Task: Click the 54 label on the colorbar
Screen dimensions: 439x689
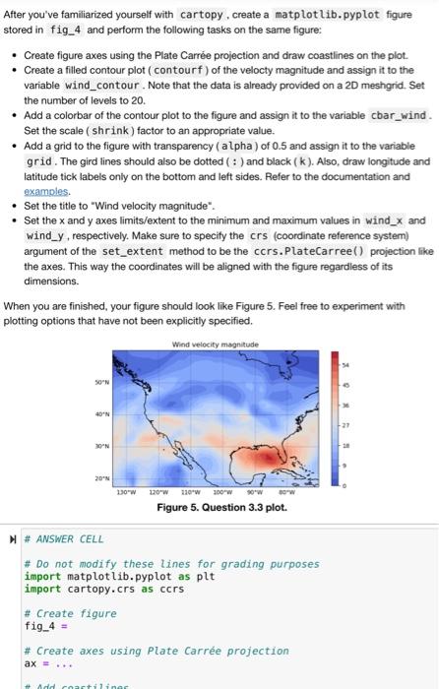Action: (x=344, y=365)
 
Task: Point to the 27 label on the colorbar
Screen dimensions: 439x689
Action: (x=344, y=426)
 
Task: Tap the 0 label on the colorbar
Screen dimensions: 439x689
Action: (x=344, y=486)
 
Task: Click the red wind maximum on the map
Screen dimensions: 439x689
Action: (x=268, y=458)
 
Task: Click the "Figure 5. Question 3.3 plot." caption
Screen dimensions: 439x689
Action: (x=221, y=508)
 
